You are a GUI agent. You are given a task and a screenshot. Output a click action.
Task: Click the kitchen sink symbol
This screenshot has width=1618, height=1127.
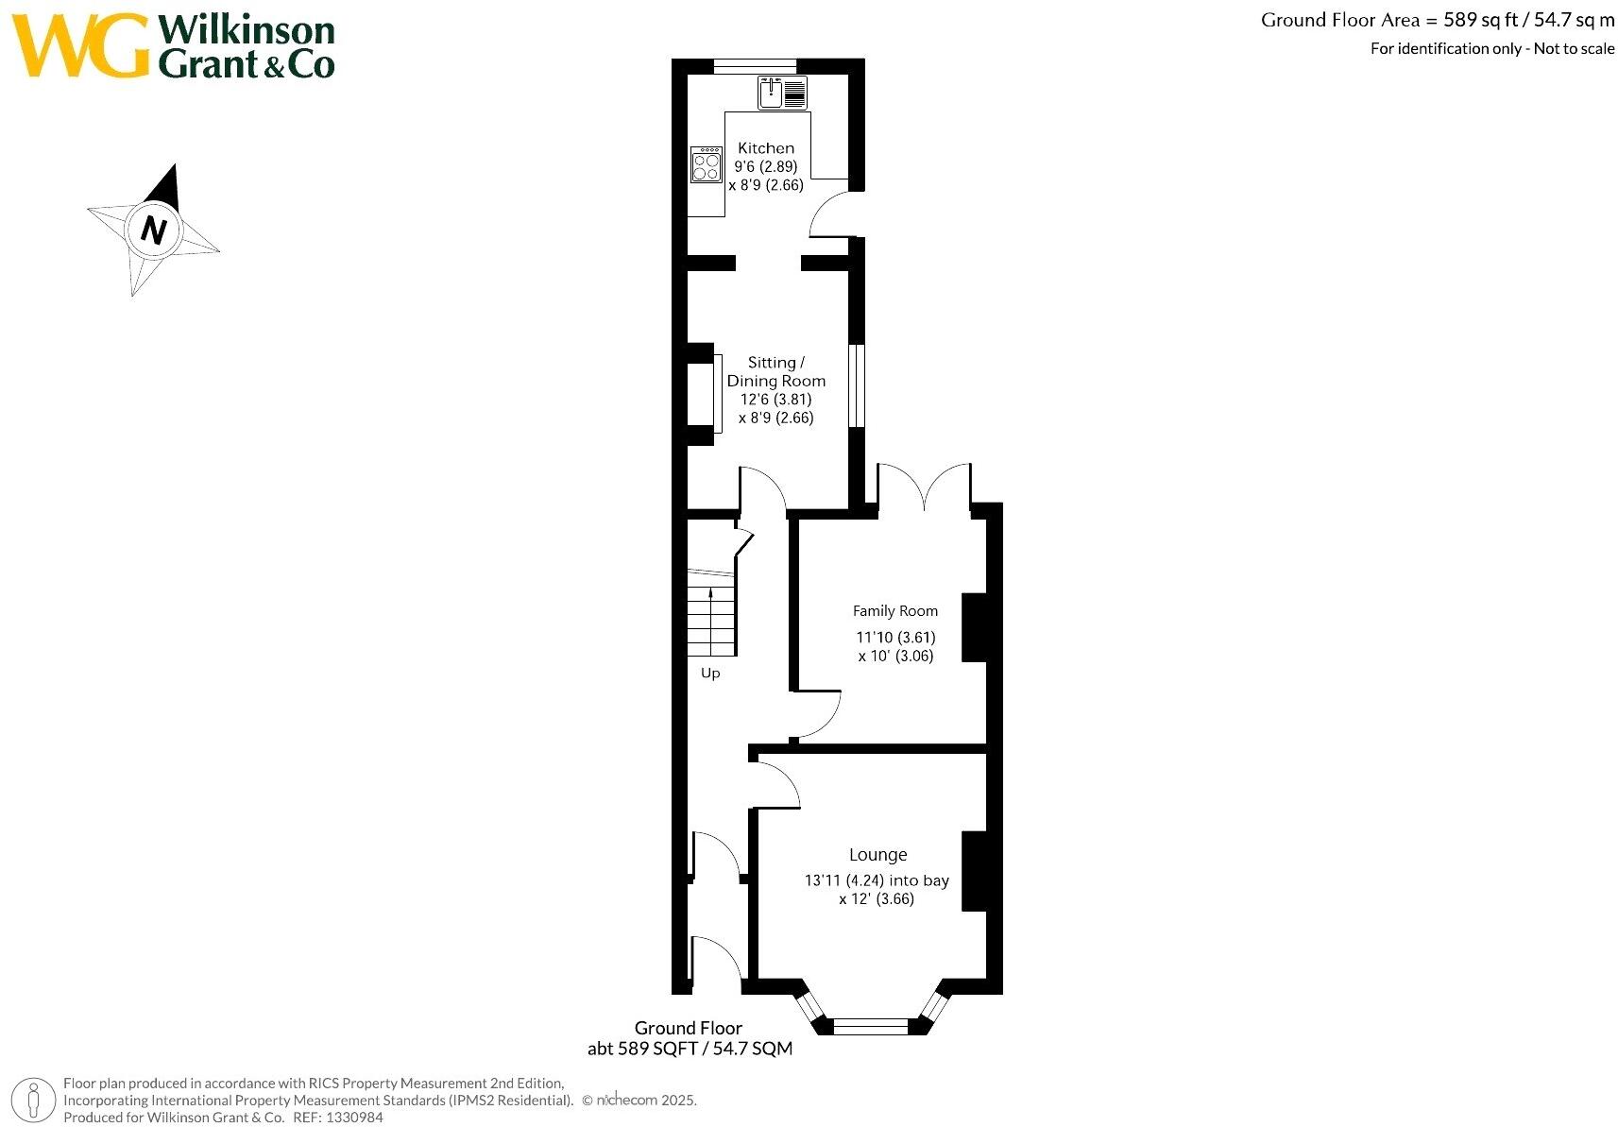[782, 94]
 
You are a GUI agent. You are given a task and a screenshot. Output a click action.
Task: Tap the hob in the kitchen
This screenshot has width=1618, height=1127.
[707, 164]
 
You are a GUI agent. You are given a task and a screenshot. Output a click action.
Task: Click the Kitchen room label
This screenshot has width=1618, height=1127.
[766, 148]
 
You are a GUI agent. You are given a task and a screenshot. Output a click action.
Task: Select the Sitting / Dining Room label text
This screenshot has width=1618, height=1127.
[775, 371]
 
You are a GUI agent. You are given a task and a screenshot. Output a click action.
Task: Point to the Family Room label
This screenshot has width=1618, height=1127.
[895, 611]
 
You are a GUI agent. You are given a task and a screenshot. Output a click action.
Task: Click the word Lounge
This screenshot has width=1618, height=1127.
[877, 855]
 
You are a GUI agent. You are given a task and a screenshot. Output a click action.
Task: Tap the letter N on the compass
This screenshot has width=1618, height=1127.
[153, 230]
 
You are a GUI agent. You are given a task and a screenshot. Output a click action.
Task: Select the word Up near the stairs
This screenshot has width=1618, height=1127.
[710, 674]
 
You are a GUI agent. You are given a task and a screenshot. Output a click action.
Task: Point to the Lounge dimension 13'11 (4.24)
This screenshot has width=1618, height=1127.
[844, 880]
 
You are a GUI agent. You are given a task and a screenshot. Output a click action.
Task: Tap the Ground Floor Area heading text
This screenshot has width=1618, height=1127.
[1438, 20]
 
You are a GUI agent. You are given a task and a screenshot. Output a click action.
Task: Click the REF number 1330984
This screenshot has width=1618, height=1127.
[354, 1118]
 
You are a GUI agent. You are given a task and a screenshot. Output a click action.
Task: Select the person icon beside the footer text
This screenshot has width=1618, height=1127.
[33, 1101]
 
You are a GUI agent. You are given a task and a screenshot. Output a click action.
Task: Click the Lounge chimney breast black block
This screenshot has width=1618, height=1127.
[975, 871]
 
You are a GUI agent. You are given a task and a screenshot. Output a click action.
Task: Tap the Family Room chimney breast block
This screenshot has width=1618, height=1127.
[975, 628]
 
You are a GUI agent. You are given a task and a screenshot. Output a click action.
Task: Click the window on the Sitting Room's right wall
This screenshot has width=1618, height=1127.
[856, 385]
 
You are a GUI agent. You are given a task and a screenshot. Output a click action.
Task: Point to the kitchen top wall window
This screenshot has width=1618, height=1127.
[755, 66]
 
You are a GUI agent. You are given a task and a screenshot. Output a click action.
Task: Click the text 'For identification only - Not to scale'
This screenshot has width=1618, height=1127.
[1492, 48]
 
